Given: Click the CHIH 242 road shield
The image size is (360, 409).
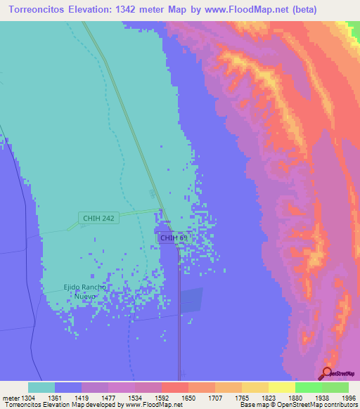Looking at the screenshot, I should click(98, 219).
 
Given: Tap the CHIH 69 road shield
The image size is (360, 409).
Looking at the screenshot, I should click(174, 238).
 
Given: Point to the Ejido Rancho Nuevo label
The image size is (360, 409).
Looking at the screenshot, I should click(84, 291).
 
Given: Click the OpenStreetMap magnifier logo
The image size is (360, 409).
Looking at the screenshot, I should click(326, 372).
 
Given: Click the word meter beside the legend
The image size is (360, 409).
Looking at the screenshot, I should click(10, 398).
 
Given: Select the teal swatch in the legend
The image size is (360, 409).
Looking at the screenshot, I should click(41, 387).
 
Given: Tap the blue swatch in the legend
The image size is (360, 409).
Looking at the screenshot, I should click(68, 387).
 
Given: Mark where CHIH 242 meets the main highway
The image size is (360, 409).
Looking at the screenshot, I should click(161, 210).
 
